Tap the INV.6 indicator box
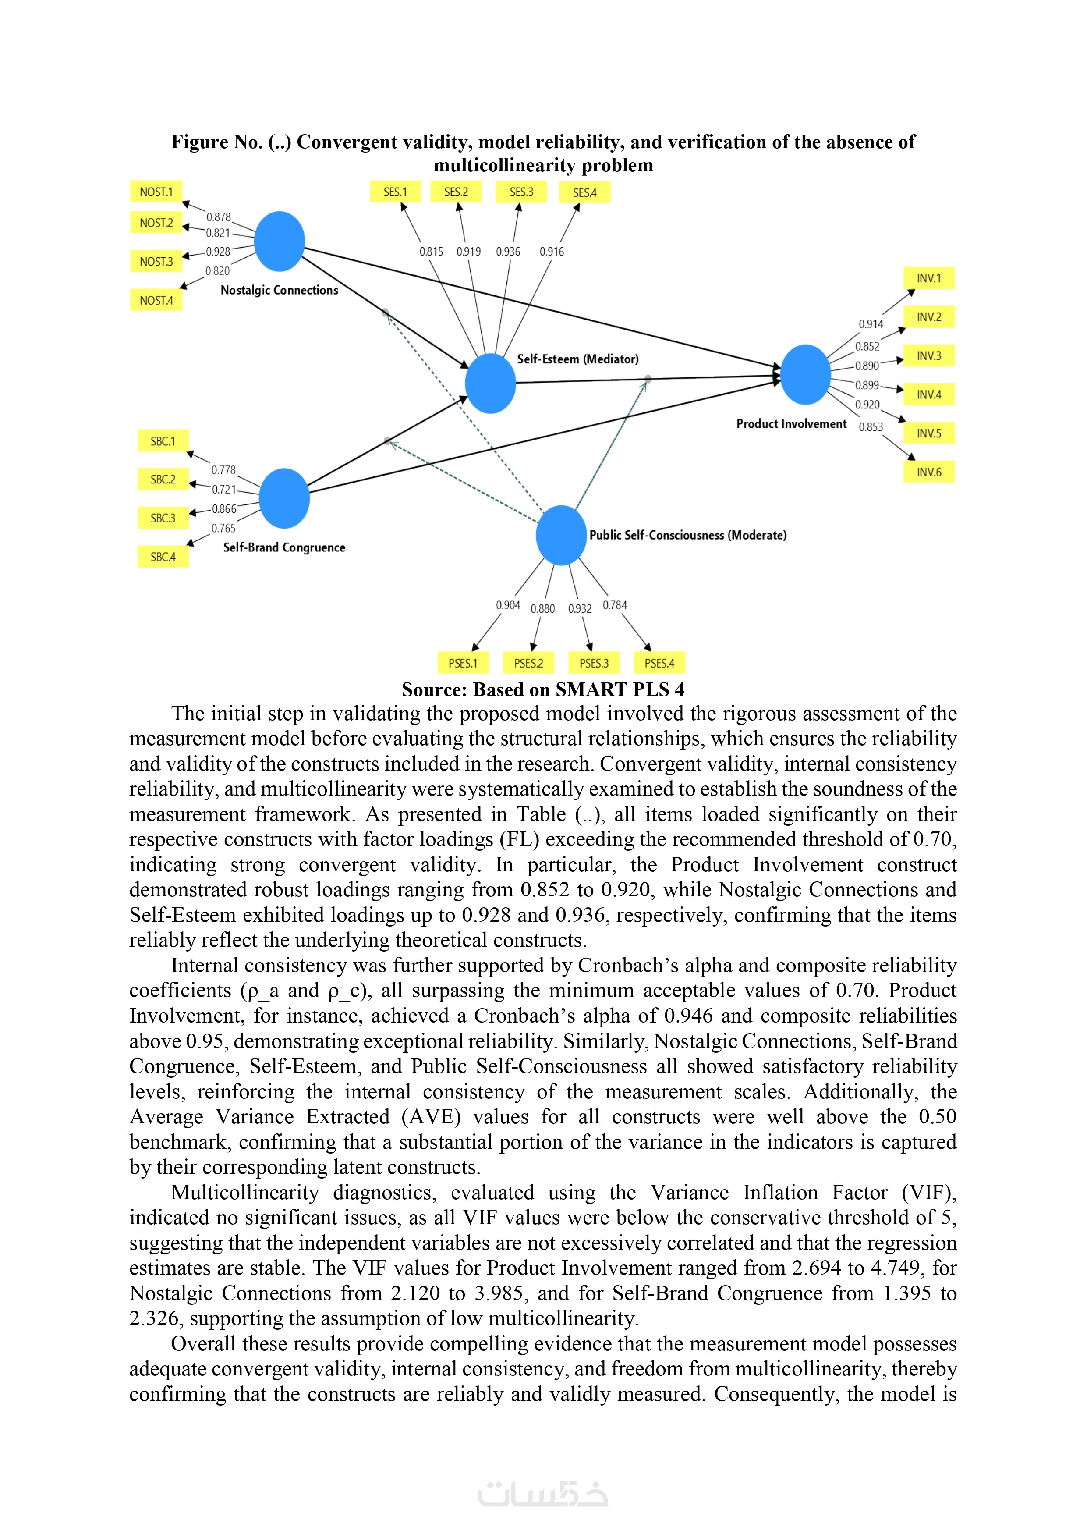coord(929,472)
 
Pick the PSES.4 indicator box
coord(659,663)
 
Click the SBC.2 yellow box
coord(163,480)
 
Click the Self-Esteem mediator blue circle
coord(490,383)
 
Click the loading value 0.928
coord(218,252)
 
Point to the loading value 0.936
coord(508,252)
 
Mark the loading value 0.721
coord(224,490)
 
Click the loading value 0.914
coord(871,324)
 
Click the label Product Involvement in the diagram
coord(791,424)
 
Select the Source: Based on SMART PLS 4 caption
coord(542,690)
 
